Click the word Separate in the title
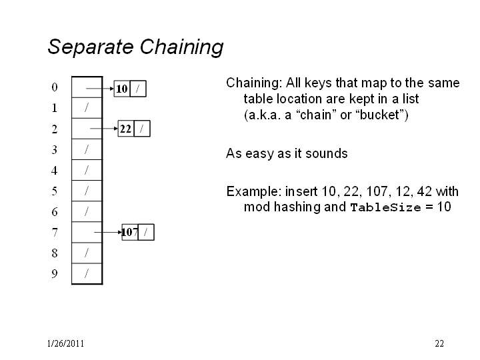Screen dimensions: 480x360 pyautogui.click(x=91, y=47)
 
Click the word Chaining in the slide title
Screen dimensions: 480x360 pyautogui.click(x=181, y=47)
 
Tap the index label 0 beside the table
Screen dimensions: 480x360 pyautogui.click(x=55, y=87)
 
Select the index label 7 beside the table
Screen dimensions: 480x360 pyautogui.click(x=55, y=233)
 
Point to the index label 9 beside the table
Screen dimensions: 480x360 pyautogui.click(x=55, y=274)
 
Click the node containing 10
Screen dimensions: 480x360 pyautogui.click(x=130, y=89)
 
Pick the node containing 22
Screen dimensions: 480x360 pyautogui.click(x=134, y=129)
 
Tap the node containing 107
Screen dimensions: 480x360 pyautogui.click(x=138, y=233)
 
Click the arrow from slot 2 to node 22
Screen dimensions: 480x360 pyautogui.click(x=104, y=129)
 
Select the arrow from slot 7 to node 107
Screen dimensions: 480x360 pyautogui.click(x=108, y=233)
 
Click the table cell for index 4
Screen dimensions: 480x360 pyautogui.click(x=87, y=170)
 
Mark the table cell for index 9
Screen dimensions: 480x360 pyautogui.click(x=87, y=274)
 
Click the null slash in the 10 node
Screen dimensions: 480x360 pyautogui.click(x=138, y=89)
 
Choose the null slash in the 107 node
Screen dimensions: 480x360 pyautogui.click(x=146, y=233)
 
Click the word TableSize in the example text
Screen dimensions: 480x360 pyautogui.click(x=386, y=207)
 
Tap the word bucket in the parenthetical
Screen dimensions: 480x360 pyautogui.click(x=380, y=115)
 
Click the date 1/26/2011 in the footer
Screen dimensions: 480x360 pyautogui.click(x=65, y=343)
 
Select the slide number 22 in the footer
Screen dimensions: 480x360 pyautogui.click(x=439, y=343)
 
